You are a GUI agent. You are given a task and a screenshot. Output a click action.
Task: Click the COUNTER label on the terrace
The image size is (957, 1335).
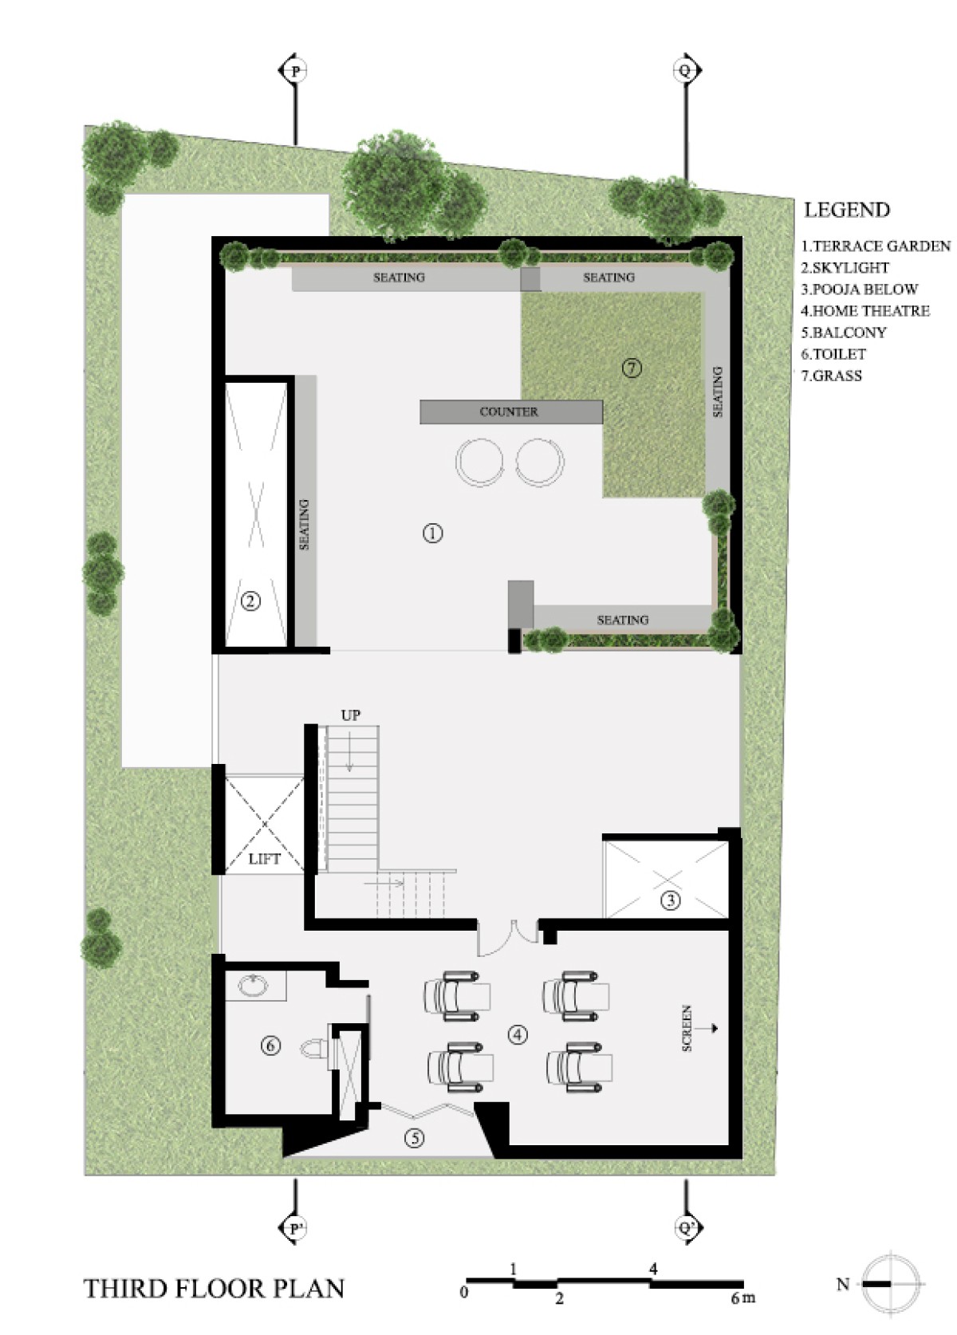coord(508,412)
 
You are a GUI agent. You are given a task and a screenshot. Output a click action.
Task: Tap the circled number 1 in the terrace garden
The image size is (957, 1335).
coord(432,532)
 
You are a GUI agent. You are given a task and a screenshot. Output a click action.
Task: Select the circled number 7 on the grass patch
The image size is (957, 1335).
coord(632,368)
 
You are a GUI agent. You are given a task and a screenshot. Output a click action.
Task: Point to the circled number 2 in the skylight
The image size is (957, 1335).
coord(250,601)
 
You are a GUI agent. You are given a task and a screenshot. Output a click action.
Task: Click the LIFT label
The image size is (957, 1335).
coord(264,859)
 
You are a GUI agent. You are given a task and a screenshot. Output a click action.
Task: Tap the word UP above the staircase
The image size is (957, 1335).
coord(350,715)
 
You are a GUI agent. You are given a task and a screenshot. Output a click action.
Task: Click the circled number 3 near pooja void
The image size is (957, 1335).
coord(671,900)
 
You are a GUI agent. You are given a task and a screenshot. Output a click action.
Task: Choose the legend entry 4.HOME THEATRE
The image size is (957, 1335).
coord(865,310)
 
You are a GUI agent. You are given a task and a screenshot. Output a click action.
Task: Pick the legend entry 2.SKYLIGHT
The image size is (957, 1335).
coord(845,268)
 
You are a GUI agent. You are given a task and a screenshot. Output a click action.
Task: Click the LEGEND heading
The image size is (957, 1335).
coord(847,210)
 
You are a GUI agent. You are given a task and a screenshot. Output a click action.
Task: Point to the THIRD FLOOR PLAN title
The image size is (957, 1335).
coord(214,1289)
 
